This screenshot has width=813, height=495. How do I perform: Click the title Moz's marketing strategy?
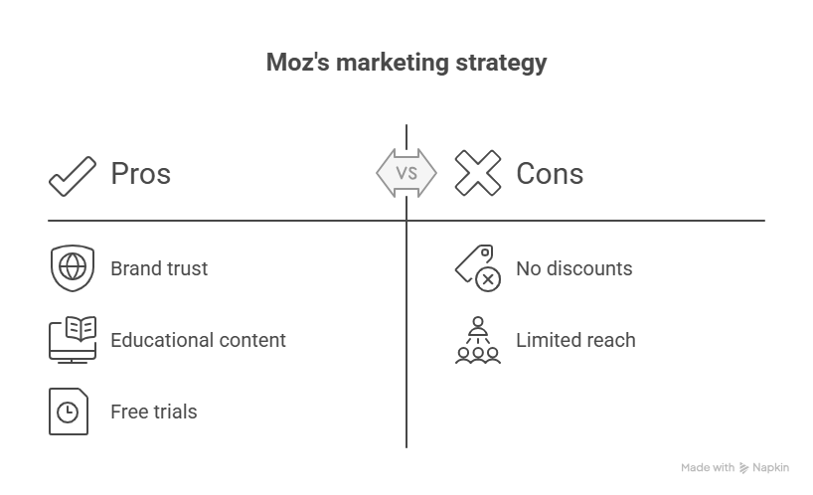(x=406, y=64)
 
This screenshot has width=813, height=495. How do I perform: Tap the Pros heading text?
(x=140, y=174)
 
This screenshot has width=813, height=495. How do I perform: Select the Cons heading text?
(x=549, y=174)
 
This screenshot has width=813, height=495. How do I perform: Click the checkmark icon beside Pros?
(x=73, y=175)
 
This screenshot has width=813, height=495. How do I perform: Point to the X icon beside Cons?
(x=477, y=174)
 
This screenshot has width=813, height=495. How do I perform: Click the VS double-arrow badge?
(x=406, y=173)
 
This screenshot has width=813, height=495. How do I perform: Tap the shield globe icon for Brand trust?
(x=71, y=268)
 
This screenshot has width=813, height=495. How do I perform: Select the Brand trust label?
(x=158, y=268)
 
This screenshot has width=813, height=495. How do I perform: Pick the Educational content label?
(x=198, y=340)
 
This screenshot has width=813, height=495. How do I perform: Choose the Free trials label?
(x=153, y=412)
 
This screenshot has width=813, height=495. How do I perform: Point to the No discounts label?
(x=573, y=268)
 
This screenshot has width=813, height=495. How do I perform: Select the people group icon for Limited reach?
(x=477, y=340)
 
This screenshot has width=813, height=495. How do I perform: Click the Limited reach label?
(x=574, y=340)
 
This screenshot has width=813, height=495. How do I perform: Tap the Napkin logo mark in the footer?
(x=744, y=468)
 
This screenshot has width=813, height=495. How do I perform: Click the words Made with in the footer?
(x=708, y=468)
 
